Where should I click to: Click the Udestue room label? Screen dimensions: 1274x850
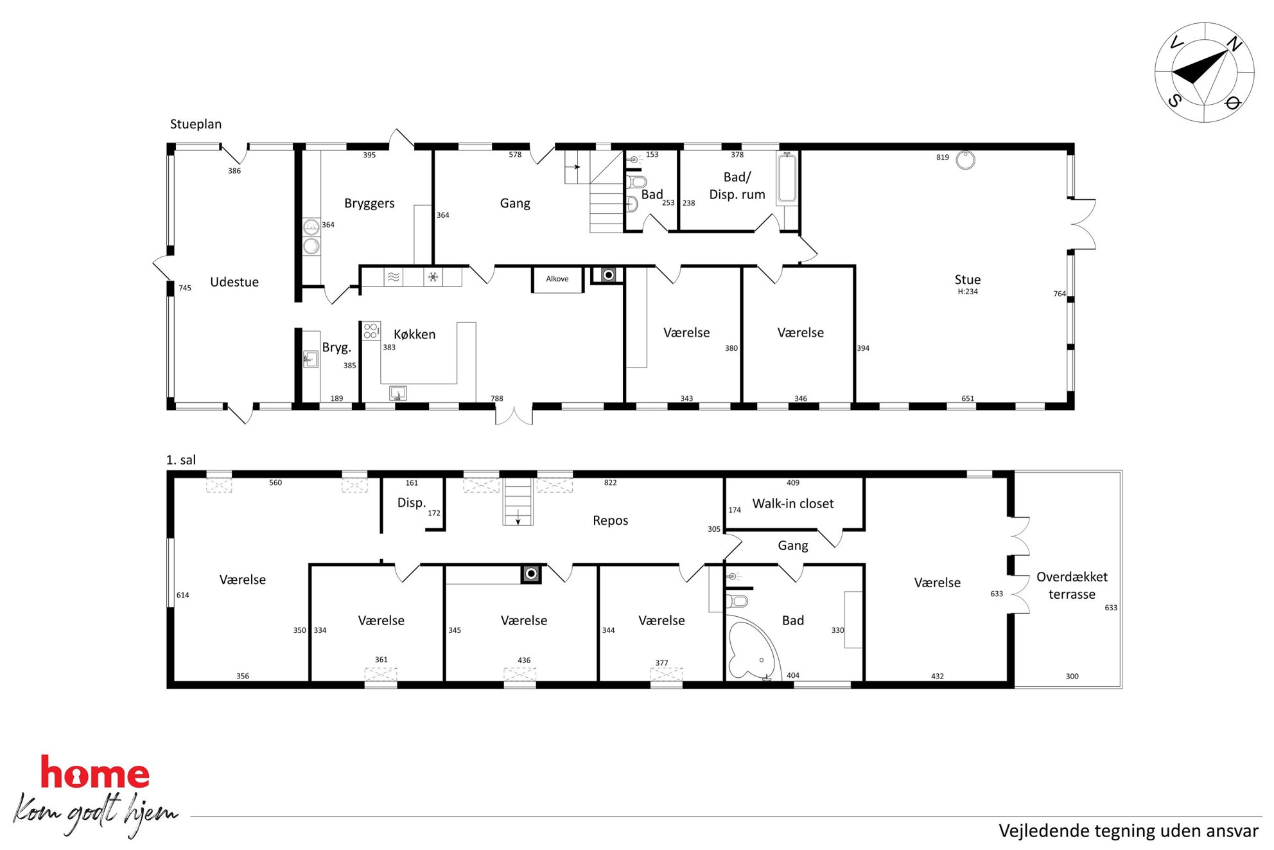234,282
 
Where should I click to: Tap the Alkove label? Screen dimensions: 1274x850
557,279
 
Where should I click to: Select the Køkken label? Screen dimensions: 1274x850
414,334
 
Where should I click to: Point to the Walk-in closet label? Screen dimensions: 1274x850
793,504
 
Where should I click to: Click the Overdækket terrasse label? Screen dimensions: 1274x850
1072,585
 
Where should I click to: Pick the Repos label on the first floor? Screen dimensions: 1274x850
610,520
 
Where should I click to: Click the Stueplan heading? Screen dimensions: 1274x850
196,124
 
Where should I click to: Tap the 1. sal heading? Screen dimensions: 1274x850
181,460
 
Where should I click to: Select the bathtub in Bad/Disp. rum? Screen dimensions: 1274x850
787,178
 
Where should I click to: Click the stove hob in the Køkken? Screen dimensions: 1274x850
371,331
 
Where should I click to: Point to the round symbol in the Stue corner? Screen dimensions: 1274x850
965,160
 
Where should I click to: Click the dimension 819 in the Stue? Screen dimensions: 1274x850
942,157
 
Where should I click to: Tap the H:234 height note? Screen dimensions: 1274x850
968,292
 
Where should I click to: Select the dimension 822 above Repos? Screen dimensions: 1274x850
610,483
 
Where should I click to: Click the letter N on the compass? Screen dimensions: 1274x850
1234,44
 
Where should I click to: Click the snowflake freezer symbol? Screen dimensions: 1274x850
433,277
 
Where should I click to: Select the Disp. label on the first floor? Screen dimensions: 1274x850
411,502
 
